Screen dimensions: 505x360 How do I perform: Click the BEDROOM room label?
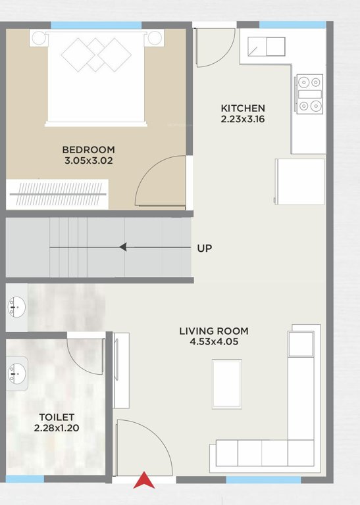click(89, 149)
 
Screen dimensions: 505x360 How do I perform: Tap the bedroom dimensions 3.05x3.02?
click(89, 160)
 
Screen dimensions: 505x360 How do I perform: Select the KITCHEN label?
click(243, 108)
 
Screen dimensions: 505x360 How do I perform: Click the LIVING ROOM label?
click(214, 331)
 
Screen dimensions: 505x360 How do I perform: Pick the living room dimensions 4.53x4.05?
click(214, 342)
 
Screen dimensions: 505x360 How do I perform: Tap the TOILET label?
click(56, 417)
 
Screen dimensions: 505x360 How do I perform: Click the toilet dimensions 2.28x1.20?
click(56, 428)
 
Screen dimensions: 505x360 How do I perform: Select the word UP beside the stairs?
click(205, 249)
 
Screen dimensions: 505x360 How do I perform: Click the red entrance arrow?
click(144, 482)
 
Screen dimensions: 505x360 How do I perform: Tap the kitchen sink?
click(266, 47)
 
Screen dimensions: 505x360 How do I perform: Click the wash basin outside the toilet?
click(15, 306)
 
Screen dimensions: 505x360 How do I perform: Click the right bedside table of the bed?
click(155, 37)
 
